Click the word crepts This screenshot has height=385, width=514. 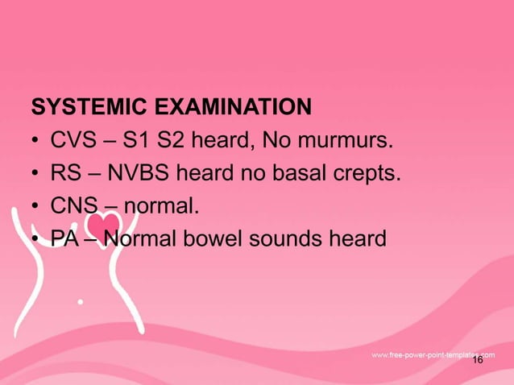pyautogui.click(x=367, y=174)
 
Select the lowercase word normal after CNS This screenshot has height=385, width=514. pyautogui.click(x=160, y=205)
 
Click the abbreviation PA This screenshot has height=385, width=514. pyautogui.click(x=66, y=238)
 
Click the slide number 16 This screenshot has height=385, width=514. pyautogui.click(x=477, y=361)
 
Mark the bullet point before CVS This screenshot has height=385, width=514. pyautogui.click(x=36, y=143)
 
